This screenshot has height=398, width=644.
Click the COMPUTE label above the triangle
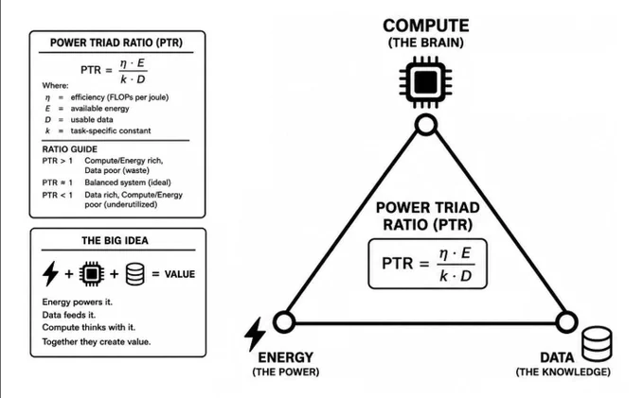(426, 26)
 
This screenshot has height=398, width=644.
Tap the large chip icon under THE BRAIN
(425, 82)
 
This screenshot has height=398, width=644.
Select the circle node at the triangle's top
(426, 125)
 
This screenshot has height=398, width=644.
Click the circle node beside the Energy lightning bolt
(284, 321)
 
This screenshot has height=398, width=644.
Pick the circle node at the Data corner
(566, 322)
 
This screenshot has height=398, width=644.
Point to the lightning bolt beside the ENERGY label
(255, 335)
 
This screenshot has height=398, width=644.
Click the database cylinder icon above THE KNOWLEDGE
(598, 343)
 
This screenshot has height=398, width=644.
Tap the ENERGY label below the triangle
(285, 357)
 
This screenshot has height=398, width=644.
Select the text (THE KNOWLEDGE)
(563, 372)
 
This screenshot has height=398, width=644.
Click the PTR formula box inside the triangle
(427, 264)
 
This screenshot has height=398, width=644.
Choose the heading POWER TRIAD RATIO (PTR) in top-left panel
(116, 43)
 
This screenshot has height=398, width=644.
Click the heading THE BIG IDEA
(115, 240)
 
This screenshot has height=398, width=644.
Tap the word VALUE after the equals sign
(180, 274)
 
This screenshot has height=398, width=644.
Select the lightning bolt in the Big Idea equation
(50, 273)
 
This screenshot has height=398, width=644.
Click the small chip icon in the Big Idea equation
(92, 273)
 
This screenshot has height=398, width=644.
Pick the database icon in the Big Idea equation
(135, 274)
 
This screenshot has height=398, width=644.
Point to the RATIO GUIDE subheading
(70, 149)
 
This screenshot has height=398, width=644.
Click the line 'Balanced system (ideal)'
(128, 182)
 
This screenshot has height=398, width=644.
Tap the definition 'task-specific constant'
(111, 130)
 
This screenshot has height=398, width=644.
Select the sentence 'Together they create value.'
(97, 341)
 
